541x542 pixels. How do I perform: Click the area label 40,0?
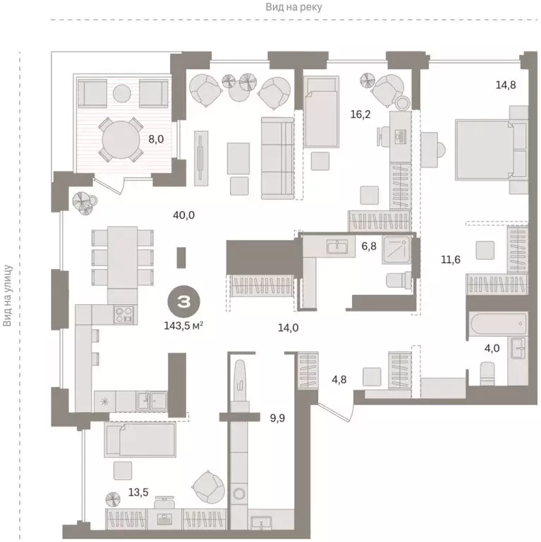pyautogui.click(x=184, y=215)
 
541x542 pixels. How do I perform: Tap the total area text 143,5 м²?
pyautogui.click(x=183, y=327)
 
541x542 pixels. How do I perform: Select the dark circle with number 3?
pyautogui.click(x=183, y=302)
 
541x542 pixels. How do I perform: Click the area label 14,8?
pyautogui.click(x=505, y=86)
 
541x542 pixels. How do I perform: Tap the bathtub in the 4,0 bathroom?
pyautogui.click(x=498, y=327)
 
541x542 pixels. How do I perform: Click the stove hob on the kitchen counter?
pyautogui.click(x=124, y=313)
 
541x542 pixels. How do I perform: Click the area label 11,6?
pyautogui.click(x=451, y=260)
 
